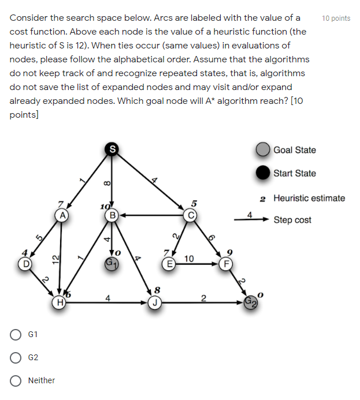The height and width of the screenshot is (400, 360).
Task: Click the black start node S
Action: (112, 149)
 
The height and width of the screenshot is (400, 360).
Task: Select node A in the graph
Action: (61, 215)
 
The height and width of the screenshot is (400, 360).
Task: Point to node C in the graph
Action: (190, 216)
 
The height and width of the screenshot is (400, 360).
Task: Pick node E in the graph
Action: (169, 264)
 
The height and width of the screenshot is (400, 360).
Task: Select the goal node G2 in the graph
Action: (250, 301)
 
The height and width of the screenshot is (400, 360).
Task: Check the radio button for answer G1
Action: (16, 335)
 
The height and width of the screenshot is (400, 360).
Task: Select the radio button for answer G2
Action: (16, 358)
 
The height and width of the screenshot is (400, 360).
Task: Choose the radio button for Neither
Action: (16, 380)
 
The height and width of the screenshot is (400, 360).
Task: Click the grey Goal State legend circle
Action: (263, 150)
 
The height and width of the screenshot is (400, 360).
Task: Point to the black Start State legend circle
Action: (263, 173)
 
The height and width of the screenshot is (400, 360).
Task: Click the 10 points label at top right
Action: (336, 18)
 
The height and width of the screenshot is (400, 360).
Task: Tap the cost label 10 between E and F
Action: (189, 259)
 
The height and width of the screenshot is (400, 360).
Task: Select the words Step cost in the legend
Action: (292, 220)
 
